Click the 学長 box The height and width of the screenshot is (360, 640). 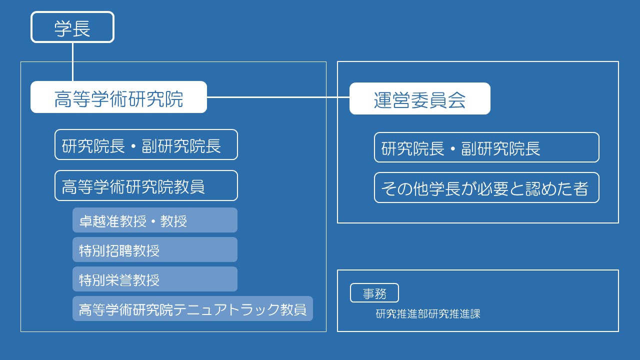click(x=72, y=27)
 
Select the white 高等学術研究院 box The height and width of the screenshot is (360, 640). click(x=118, y=97)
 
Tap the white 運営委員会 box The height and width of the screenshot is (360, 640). click(x=419, y=98)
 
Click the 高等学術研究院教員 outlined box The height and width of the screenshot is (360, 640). click(x=146, y=185)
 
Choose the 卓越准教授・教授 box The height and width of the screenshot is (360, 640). click(x=155, y=220)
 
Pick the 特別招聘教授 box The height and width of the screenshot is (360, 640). click(x=155, y=249)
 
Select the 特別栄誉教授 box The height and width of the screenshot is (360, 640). click(x=155, y=279)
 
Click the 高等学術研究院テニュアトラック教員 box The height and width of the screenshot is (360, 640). click(x=192, y=308)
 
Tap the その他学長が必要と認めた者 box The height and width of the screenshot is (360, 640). click(x=486, y=187)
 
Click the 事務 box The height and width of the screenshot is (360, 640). click(x=374, y=293)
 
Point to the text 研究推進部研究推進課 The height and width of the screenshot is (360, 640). click(x=427, y=313)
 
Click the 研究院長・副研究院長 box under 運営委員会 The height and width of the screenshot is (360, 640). click(x=486, y=147)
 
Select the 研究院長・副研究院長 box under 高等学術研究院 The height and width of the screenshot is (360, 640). click(x=146, y=144)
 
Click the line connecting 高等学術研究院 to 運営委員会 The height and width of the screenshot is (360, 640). click(x=278, y=97)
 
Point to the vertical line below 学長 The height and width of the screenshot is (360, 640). click(x=73, y=62)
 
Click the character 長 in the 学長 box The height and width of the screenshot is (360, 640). click(x=81, y=28)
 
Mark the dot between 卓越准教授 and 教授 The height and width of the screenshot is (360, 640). click(x=153, y=221)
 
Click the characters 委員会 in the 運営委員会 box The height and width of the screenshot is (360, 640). click(x=438, y=100)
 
